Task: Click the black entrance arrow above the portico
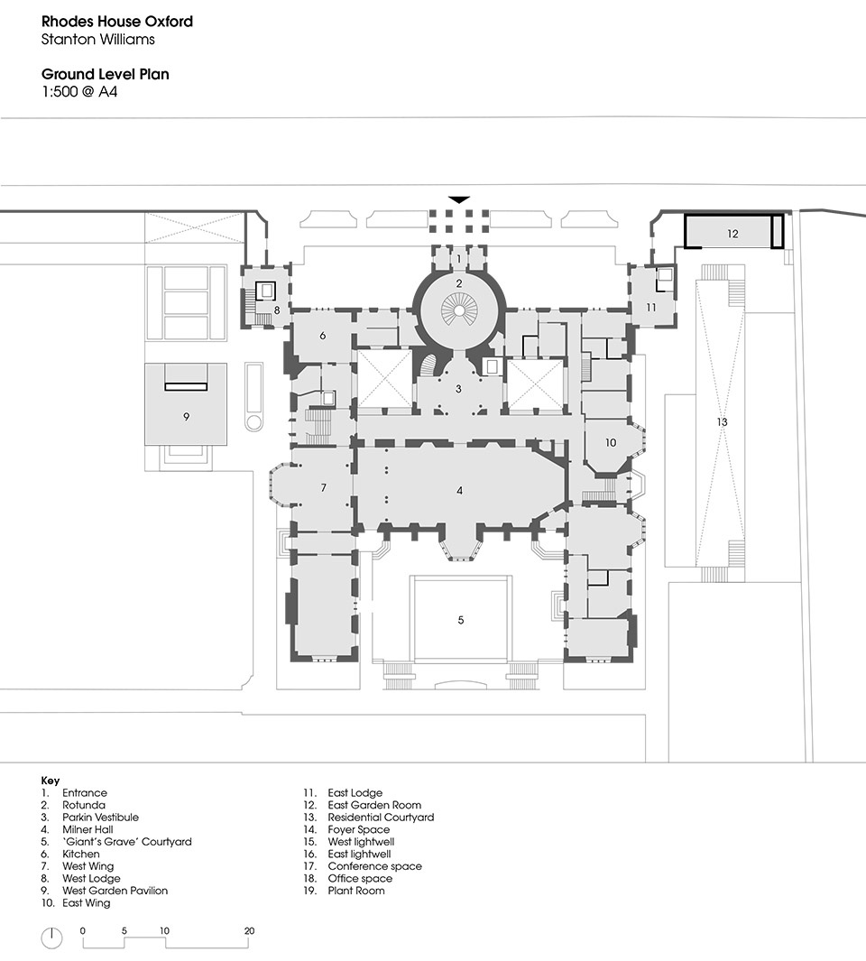[x=459, y=199]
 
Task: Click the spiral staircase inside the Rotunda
[x=458, y=309]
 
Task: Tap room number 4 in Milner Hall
[x=460, y=490]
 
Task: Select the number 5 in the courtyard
[x=461, y=620]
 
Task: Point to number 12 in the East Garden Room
[x=732, y=234]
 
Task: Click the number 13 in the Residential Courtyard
[x=722, y=421]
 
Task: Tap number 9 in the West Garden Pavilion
[x=187, y=417]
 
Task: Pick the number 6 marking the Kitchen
[x=322, y=336]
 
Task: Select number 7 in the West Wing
[x=324, y=488]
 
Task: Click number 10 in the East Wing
[x=611, y=442]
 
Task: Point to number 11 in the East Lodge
[x=651, y=307]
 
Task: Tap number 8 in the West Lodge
[x=277, y=310]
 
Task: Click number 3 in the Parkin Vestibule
[x=458, y=389]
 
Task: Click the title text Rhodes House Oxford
[x=117, y=22]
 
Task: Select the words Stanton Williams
[x=98, y=39]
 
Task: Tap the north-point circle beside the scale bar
[x=51, y=938]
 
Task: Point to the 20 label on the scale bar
[x=249, y=930]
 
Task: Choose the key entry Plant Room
[x=356, y=891]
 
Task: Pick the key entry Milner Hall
[x=88, y=829]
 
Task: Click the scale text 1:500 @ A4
[x=79, y=92]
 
